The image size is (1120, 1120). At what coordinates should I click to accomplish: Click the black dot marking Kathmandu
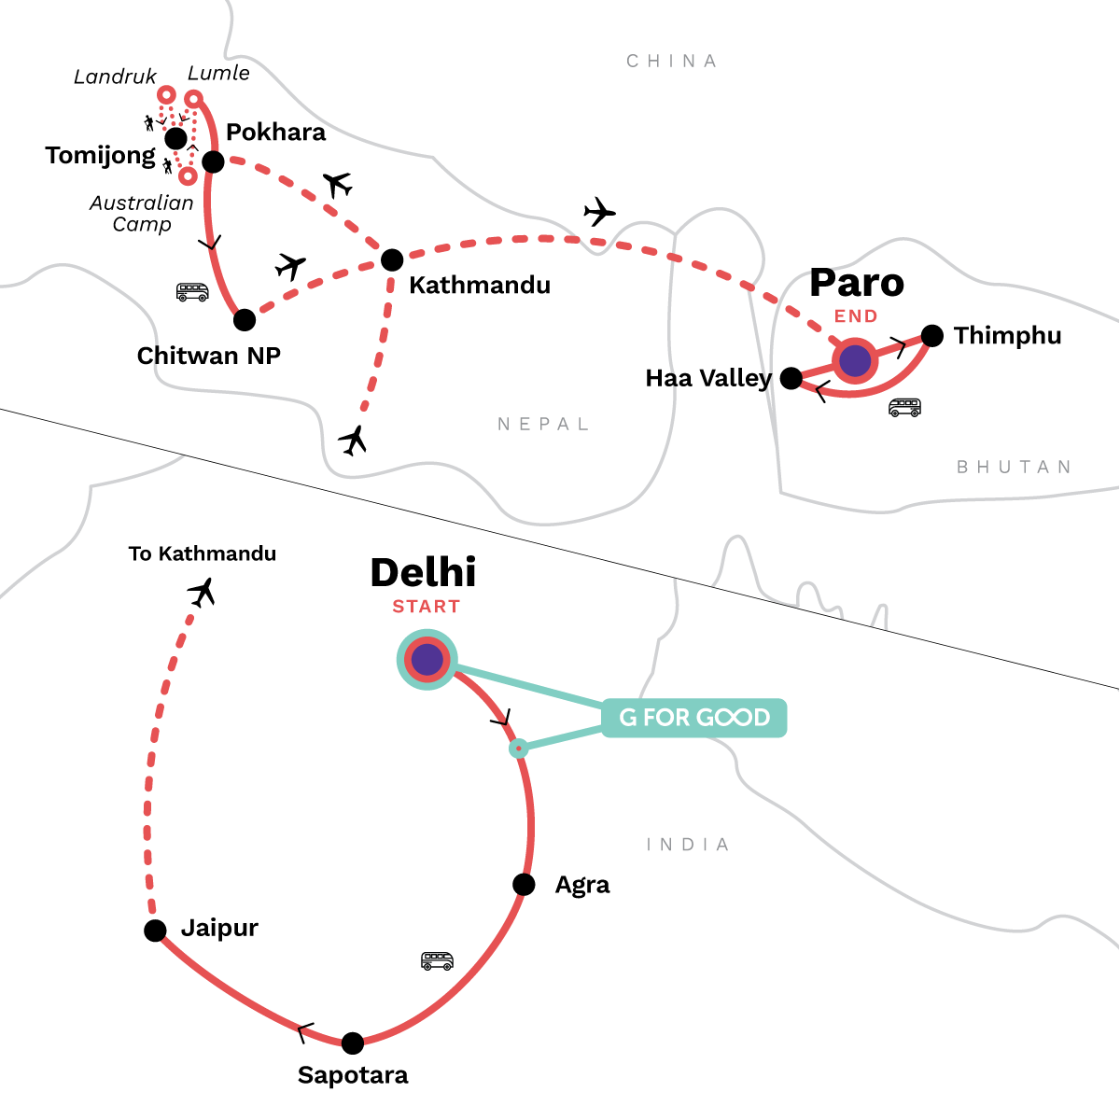tap(392, 259)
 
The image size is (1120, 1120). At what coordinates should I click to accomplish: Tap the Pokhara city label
tap(275, 133)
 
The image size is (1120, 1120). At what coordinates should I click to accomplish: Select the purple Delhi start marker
tap(427, 659)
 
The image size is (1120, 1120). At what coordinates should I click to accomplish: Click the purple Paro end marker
tap(855, 361)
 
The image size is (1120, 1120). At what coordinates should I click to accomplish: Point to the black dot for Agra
tap(524, 884)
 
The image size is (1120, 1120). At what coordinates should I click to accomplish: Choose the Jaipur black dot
tap(155, 930)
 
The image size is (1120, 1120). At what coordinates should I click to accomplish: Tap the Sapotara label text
tap(353, 1074)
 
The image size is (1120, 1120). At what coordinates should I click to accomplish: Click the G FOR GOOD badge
tap(694, 717)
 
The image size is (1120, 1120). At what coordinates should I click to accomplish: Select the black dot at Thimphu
tap(932, 335)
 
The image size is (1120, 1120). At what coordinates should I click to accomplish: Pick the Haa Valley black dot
tap(791, 378)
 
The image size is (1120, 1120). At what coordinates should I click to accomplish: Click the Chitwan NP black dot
tap(245, 320)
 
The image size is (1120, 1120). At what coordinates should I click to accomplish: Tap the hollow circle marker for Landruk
tap(166, 94)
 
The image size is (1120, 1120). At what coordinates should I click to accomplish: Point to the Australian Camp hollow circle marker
tap(188, 175)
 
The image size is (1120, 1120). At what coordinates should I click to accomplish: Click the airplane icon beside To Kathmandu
tap(202, 592)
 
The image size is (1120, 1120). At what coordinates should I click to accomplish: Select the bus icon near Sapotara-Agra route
tap(437, 960)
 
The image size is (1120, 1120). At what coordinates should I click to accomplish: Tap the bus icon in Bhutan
tap(904, 408)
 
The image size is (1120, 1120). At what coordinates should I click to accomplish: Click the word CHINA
tap(671, 61)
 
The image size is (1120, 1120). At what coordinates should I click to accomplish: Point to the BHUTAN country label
tap(1014, 467)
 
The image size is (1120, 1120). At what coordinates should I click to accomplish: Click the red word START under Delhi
tap(426, 607)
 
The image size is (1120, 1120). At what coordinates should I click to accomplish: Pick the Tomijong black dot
tap(175, 138)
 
